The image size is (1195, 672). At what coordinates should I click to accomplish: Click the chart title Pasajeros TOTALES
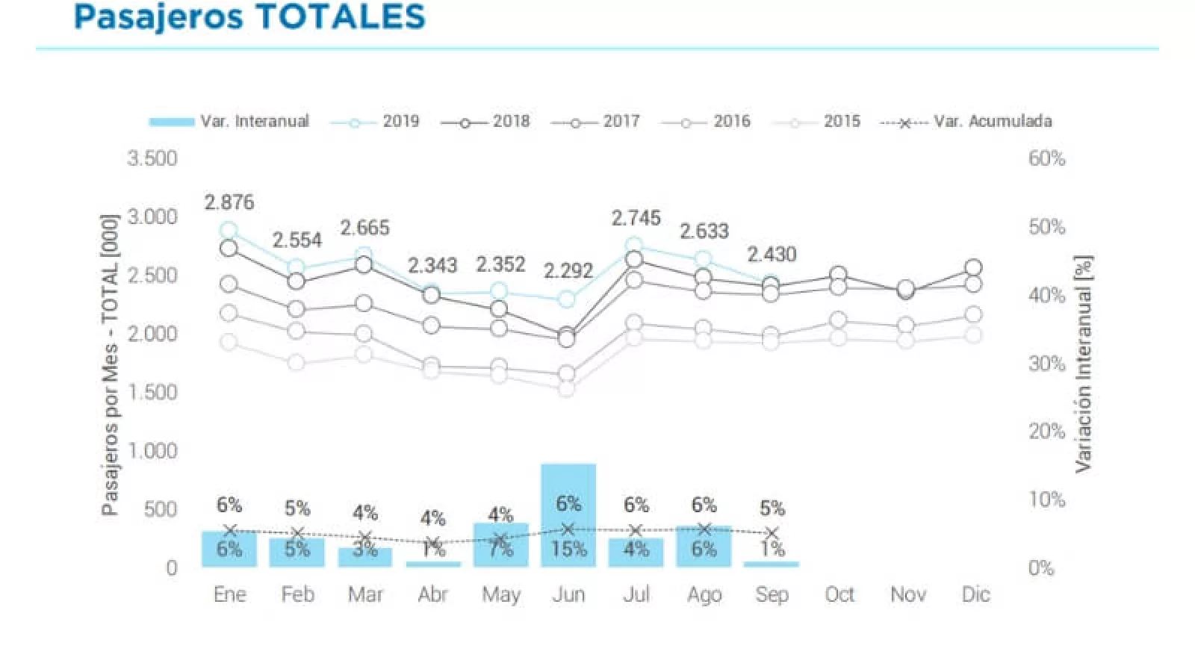pyautogui.click(x=249, y=16)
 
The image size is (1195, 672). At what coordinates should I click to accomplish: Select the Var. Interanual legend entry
pyautogui.click(x=229, y=122)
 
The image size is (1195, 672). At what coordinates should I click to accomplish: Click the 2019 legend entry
pyautogui.click(x=375, y=122)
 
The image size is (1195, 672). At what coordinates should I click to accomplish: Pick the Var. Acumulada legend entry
pyautogui.click(x=966, y=122)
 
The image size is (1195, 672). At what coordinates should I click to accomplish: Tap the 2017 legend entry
pyautogui.click(x=595, y=122)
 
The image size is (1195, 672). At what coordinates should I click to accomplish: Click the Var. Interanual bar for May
pyautogui.click(x=500, y=545)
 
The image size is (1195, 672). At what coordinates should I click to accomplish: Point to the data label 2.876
pyautogui.click(x=229, y=202)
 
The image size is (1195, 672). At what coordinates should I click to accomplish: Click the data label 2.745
pyautogui.click(x=636, y=218)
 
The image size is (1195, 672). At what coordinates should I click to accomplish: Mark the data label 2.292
pyautogui.click(x=568, y=270)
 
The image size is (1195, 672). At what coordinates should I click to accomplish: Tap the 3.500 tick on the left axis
pyautogui.click(x=152, y=158)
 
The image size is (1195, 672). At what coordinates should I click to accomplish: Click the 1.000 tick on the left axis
pyautogui.click(x=152, y=451)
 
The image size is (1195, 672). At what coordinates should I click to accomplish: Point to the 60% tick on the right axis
pyautogui.click(x=1046, y=158)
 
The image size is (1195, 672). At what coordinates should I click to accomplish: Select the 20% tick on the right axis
pyautogui.click(x=1046, y=432)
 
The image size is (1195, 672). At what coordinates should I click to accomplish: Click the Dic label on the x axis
pyautogui.click(x=975, y=594)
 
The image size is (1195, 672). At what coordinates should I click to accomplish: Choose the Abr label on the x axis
pyautogui.click(x=433, y=594)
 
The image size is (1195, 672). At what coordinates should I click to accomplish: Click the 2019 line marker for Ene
pyautogui.click(x=229, y=230)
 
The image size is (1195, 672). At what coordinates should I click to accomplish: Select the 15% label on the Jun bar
pyautogui.click(x=568, y=550)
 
